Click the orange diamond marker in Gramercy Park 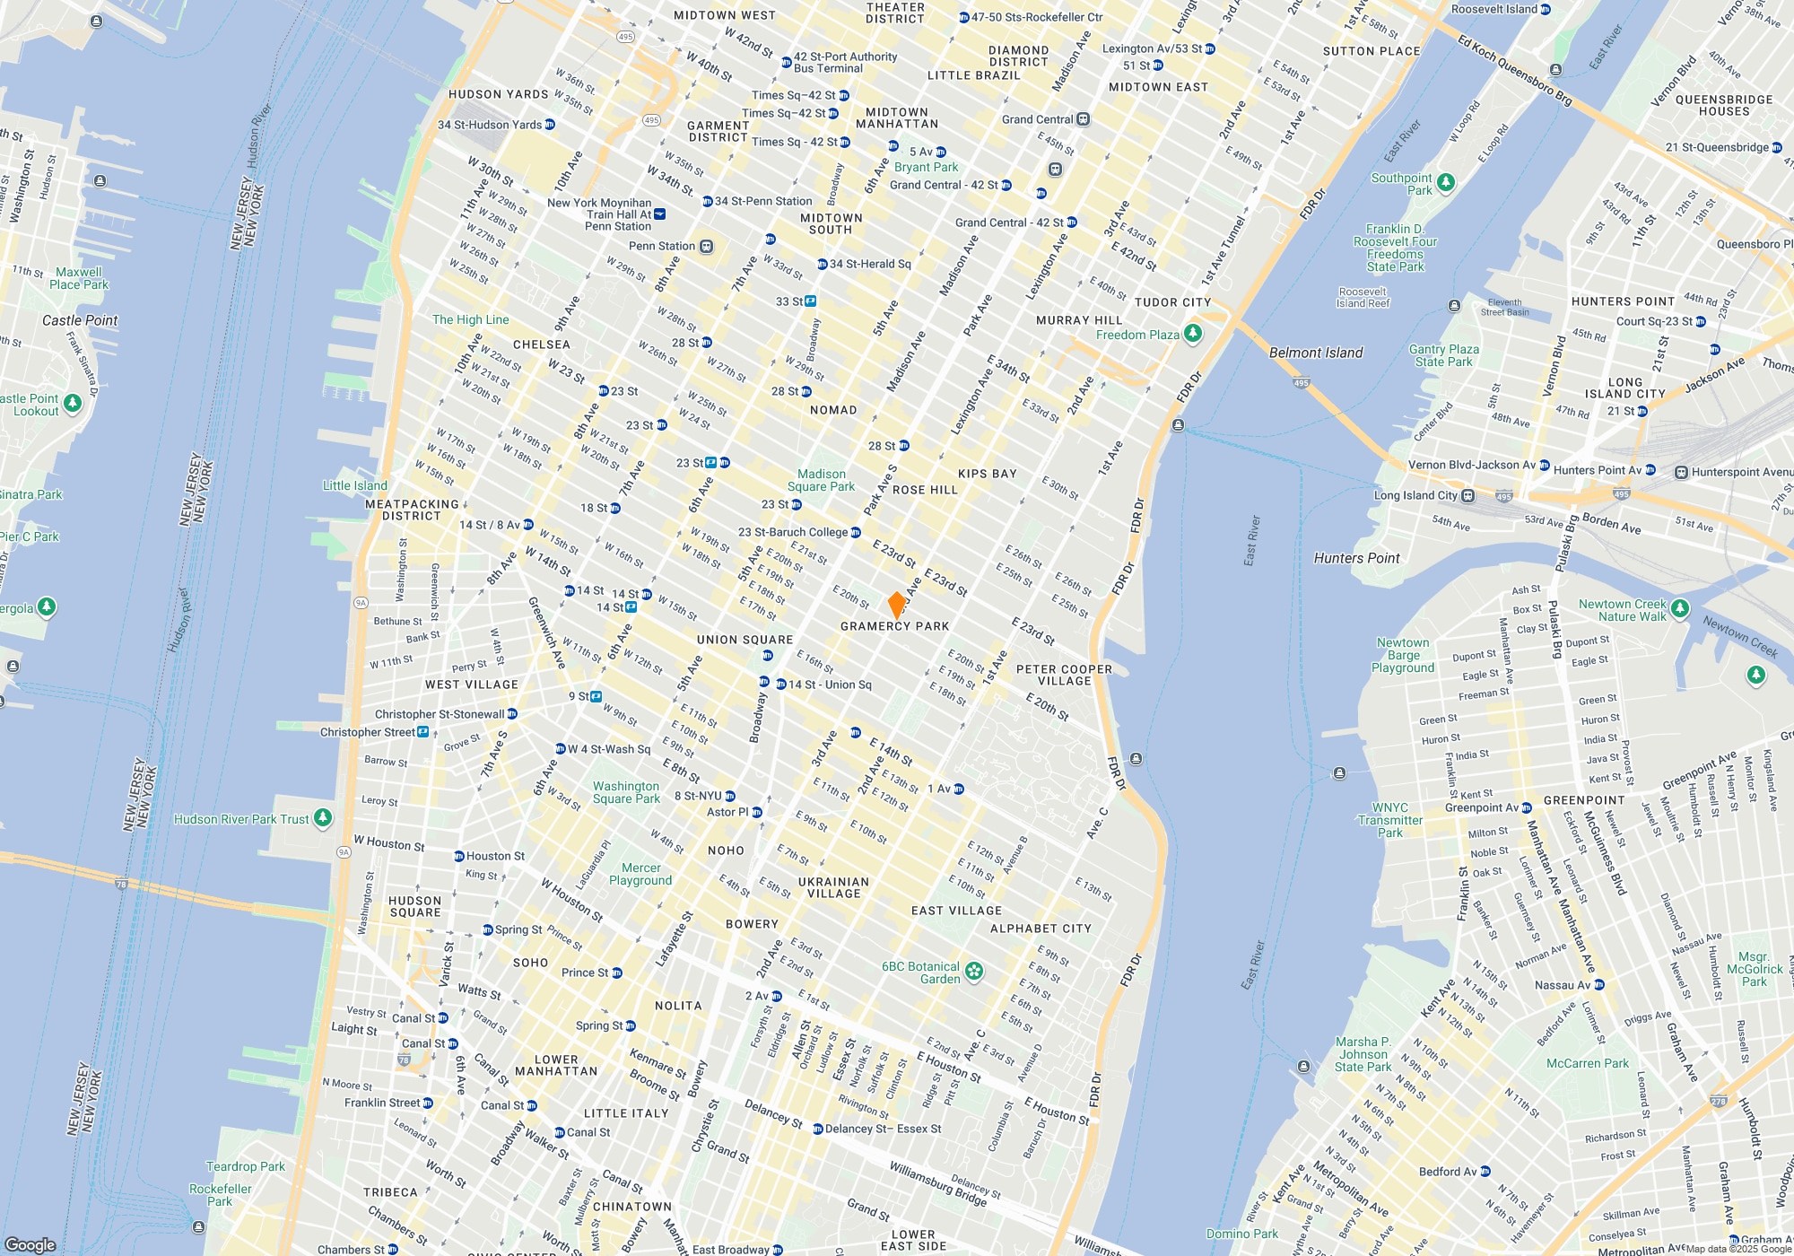click(896, 605)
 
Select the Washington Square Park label click(626, 792)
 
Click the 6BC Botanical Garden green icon click(974, 971)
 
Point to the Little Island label click(355, 485)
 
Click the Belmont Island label click(1316, 353)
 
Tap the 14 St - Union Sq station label click(830, 685)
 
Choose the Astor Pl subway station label click(727, 812)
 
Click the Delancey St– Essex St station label click(883, 1129)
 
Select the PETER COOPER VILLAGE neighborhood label click(1065, 675)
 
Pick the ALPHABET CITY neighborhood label click(1041, 929)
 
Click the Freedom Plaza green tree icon click(1192, 334)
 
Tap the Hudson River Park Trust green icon click(323, 818)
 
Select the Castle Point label click(80, 320)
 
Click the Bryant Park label click(926, 167)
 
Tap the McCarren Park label click(1588, 1063)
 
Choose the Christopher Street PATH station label click(368, 732)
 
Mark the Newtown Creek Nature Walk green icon click(1680, 608)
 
